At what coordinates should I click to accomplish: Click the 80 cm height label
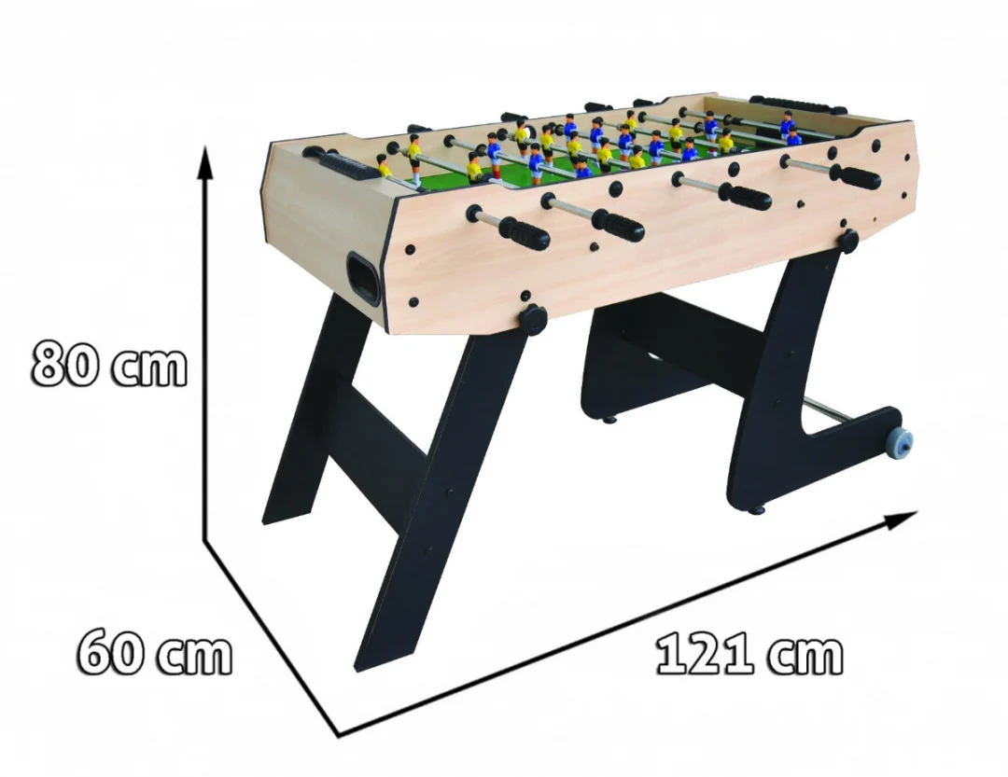[109, 364]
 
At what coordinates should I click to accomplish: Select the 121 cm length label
[749, 654]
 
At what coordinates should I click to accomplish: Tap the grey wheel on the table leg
[900, 443]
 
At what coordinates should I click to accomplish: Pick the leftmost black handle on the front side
[525, 232]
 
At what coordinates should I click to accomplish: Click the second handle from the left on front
[618, 224]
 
